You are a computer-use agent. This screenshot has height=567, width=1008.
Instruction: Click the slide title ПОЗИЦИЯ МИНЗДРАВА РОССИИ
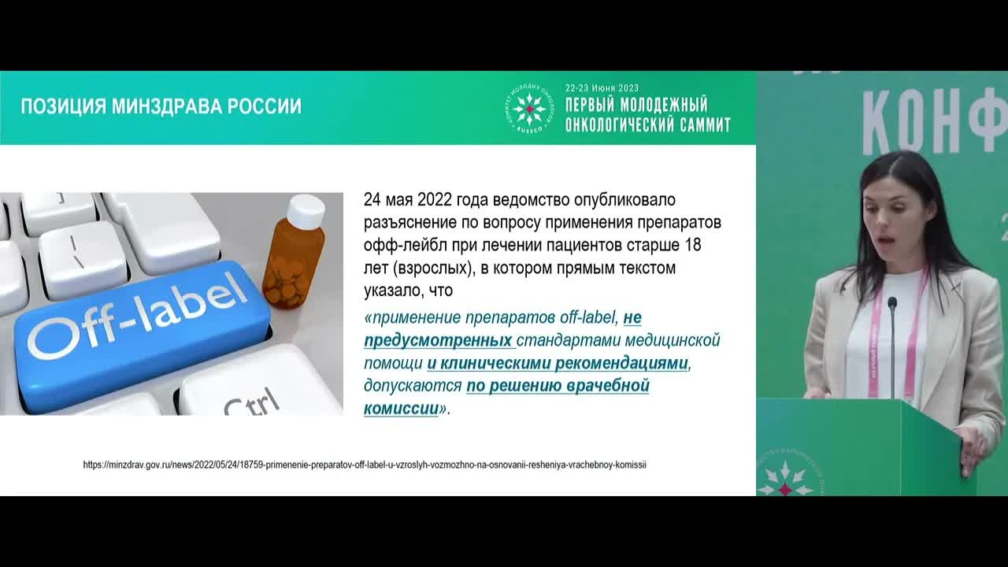point(161,106)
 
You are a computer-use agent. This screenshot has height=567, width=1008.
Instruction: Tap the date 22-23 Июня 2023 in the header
point(602,88)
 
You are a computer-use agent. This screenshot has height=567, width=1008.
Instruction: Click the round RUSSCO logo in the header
point(529,108)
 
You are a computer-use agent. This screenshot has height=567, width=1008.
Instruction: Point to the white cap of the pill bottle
point(306,209)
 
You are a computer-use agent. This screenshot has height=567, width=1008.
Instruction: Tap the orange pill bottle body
point(293,268)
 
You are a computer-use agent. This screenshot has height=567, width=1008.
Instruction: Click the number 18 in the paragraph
point(692,245)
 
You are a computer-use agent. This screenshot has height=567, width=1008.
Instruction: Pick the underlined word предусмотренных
point(438,341)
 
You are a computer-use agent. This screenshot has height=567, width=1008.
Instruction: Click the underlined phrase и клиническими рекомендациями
point(558,364)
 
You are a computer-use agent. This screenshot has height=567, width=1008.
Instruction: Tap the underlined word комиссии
point(401,409)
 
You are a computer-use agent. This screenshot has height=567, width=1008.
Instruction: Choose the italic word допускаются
point(412,387)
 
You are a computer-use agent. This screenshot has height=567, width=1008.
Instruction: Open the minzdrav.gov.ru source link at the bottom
point(365,465)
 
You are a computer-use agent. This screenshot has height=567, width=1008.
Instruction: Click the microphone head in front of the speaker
point(892,302)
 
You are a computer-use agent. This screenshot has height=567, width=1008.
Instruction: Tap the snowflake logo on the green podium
point(784,479)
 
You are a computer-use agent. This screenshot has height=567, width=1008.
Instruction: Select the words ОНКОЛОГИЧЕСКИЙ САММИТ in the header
point(647,124)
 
